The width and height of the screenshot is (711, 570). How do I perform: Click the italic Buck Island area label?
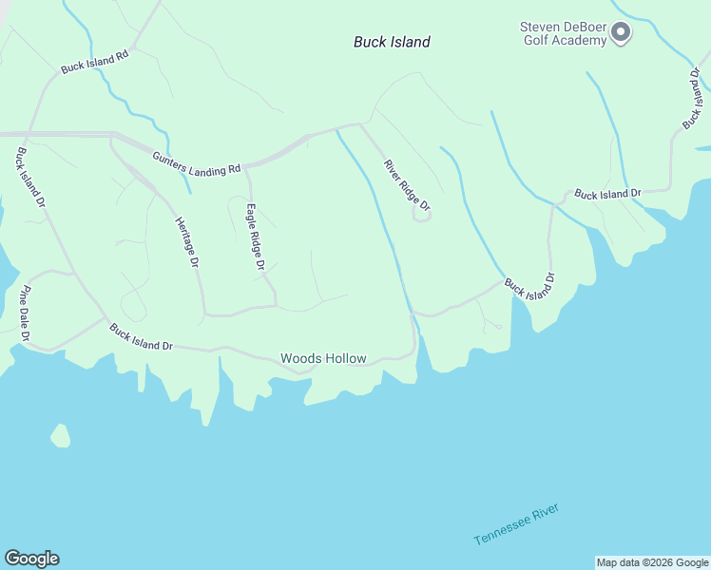click(x=392, y=42)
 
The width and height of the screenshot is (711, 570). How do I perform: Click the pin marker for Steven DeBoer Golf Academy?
click(x=621, y=34)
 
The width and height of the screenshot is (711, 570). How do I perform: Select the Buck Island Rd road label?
click(x=94, y=63)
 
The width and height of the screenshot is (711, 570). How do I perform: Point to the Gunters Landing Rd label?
click(x=197, y=162)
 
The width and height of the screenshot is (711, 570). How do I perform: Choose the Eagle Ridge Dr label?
click(x=255, y=237)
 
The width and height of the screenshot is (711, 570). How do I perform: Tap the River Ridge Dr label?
click(x=408, y=185)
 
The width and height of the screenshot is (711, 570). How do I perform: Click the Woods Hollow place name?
click(x=323, y=358)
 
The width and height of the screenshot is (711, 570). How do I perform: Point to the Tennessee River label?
click(x=516, y=524)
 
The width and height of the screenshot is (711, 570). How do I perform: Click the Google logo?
click(x=31, y=559)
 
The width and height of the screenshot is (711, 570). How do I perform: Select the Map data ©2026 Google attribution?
click(x=652, y=562)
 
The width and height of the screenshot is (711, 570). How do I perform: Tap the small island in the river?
click(x=61, y=436)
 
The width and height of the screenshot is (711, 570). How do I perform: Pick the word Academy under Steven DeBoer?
click(x=578, y=41)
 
